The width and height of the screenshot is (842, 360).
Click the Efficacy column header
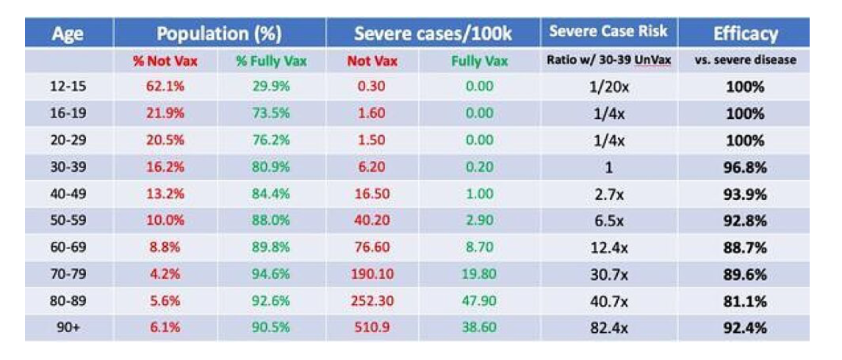(745, 34)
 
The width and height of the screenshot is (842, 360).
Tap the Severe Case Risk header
(608, 32)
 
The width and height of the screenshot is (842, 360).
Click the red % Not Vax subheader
(165, 61)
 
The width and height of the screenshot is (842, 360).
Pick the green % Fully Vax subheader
(271, 61)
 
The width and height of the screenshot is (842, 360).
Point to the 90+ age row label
(68, 327)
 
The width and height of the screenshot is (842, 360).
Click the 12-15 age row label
(68, 87)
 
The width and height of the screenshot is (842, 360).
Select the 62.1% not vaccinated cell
(167, 87)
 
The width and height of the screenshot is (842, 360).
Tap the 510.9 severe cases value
(371, 327)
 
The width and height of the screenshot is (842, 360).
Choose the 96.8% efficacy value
(745, 168)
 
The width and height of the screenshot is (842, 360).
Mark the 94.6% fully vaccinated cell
(272, 274)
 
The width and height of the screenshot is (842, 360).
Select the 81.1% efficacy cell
(745, 301)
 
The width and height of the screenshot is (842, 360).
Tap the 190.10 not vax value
(372, 274)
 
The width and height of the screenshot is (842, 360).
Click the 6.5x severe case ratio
(608, 221)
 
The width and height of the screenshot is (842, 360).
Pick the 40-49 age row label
(68, 194)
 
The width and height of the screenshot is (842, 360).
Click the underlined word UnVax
(653, 61)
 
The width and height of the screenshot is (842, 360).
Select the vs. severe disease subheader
(745, 61)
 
